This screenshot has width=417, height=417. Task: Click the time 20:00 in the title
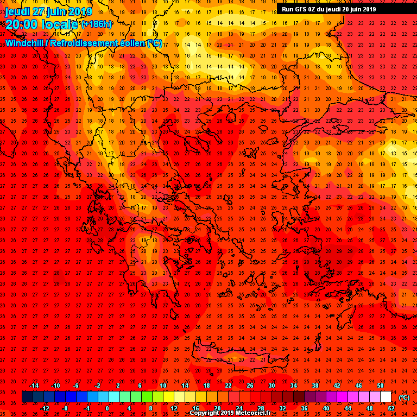(x=22, y=24)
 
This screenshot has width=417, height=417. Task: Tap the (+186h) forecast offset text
(x=97, y=24)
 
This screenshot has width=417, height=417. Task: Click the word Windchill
(x=24, y=43)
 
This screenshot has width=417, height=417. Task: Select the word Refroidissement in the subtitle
(x=83, y=43)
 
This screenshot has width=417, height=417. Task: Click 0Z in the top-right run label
(x=319, y=9)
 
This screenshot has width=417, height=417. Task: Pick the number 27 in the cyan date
(x=38, y=11)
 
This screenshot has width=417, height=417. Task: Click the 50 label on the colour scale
(x=380, y=385)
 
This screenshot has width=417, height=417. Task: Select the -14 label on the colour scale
(x=34, y=385)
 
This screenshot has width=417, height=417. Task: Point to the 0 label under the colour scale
(x=107, y=408)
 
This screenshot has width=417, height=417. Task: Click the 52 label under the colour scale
(x=391, y=408)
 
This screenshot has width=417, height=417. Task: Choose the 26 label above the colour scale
(x=250, y=385)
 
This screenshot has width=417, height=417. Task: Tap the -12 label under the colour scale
(x=45, y=408)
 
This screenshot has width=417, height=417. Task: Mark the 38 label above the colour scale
(x=315, y=385)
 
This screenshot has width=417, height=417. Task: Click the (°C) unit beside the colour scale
(x=404, y=397)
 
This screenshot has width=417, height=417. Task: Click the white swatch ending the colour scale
(x=386, y=397)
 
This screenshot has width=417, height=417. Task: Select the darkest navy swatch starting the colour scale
(x=27, y=397)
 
